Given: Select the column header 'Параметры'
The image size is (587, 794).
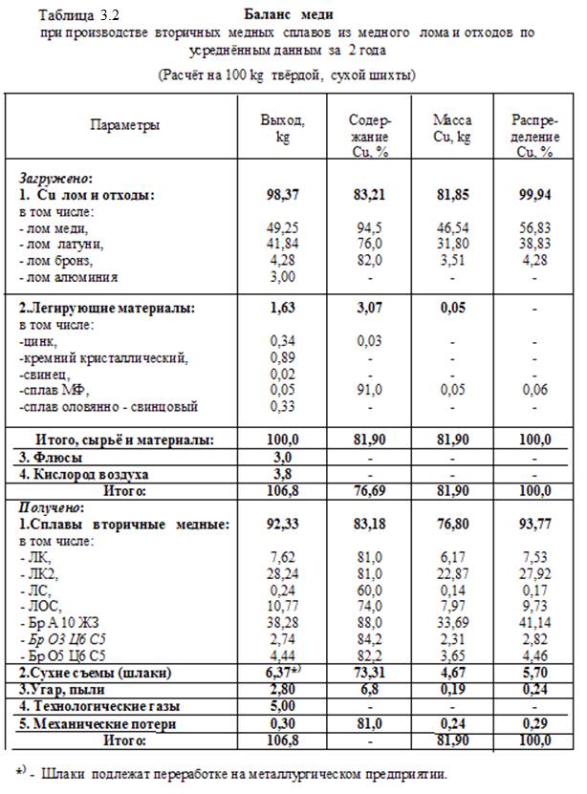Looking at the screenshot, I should (x=124, y=125).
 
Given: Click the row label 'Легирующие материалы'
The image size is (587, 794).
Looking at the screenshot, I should (x=107, y=308).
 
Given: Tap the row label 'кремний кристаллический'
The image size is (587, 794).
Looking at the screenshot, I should (x=106, y=357).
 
